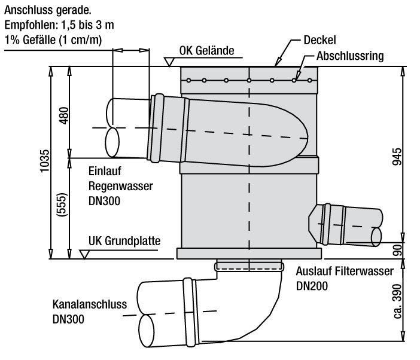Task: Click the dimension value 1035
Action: point(45,162)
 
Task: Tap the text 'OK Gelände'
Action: point(207,50)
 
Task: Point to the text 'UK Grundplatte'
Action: point(124,242)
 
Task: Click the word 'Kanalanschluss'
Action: point(90,303)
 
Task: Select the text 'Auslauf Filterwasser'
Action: point(345,270)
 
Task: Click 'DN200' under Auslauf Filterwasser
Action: point(311,286)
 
